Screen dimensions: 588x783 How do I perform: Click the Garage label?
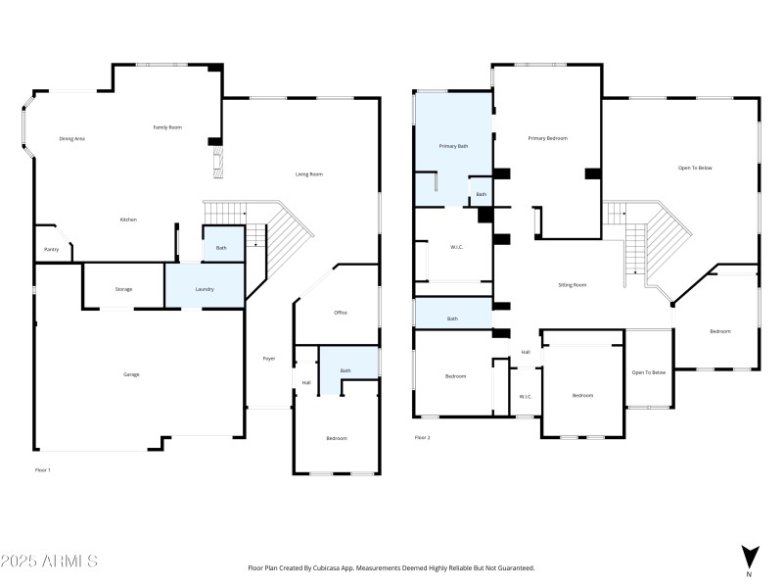tap(130, 375)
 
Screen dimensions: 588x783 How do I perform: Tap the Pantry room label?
tap(51, 250)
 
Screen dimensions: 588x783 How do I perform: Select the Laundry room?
tap(205, 289)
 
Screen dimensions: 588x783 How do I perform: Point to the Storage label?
tap(123, 289)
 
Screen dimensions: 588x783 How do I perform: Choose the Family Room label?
tap(167, 127)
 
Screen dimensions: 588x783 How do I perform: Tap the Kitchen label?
tap(128, 220)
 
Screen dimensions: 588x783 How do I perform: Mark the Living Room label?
tap(309, 174)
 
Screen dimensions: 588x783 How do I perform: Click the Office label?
tap(341, 313)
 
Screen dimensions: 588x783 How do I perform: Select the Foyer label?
tap(269, 359)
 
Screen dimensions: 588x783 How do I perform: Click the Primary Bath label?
tap(453, 146)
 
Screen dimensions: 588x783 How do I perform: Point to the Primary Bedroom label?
tap(547, 138)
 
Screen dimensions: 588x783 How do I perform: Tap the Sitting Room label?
tap(572, 285)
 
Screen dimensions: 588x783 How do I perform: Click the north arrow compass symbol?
tap(750, 557)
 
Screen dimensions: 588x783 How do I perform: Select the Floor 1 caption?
tap(42, 470)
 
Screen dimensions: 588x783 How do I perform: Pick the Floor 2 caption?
tap(422, 438)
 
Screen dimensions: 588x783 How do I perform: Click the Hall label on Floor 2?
tap(526, 352)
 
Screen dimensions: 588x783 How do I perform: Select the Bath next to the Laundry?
tap(221, 248)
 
